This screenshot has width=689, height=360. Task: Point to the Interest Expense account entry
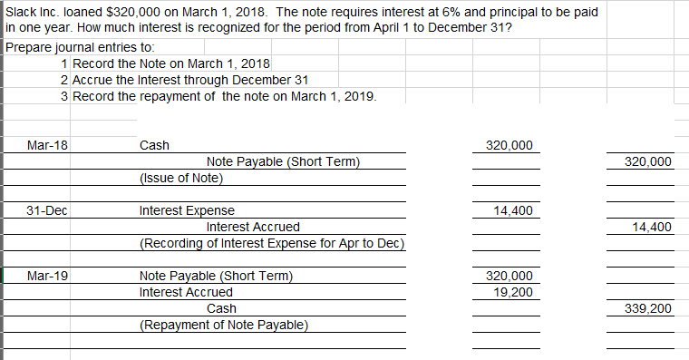pyautogui.click(x=187, y=211)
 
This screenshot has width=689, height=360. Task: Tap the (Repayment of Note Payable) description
pyautogui.click(x=224, y=326)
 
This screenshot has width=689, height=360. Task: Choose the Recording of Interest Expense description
pyautogui.click(x=271, y=244)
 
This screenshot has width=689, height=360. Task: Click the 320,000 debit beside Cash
pyautogui.click(x=510, y=146)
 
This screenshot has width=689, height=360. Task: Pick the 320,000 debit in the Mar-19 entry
pyautogui.click(x=510, y=277)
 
